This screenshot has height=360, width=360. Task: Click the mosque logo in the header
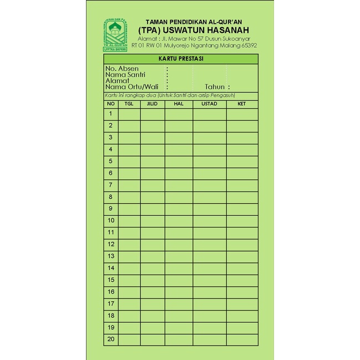tap(115, 35)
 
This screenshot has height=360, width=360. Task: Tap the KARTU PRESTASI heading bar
tap(180, 59)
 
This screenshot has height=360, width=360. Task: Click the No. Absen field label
tap(122, 69)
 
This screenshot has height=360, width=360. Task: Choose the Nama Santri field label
tap(125, 75)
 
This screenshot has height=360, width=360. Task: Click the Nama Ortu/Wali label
tap(132, 87)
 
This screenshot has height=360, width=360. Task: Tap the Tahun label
tap(215, 87)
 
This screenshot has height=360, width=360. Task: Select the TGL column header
tap(129, 104)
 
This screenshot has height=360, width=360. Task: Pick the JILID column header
tap(152, 104)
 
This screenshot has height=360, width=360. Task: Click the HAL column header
tap(178, 104)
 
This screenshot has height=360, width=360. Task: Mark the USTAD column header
tap(209, 104)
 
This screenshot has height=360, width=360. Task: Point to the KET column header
tap(241, 104)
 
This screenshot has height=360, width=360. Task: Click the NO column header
tap(110, 104)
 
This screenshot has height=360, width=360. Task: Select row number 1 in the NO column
tap(110, 114)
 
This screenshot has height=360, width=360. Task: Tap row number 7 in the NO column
tap(110, 185)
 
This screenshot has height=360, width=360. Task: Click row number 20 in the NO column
tap(110, 339)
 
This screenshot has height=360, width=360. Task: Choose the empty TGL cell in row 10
tap(129, 221)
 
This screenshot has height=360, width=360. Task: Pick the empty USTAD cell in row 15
tap(209, 280)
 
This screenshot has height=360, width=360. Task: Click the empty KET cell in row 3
tap(241, 138)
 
